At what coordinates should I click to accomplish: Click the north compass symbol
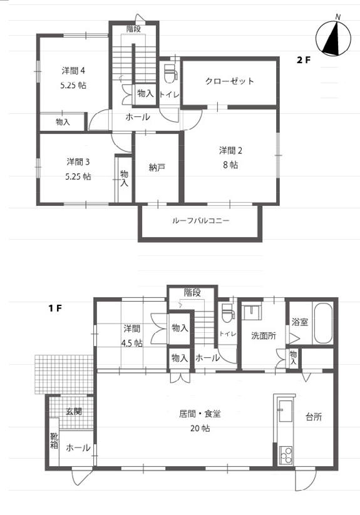333,37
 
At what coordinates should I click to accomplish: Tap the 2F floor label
303,60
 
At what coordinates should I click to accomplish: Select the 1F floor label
55,308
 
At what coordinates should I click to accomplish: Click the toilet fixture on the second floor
170,74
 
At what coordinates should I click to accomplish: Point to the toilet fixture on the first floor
227,313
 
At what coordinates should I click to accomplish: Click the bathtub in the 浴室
323,323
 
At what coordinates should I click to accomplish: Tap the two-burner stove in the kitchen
285,455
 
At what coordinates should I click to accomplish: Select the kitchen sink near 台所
285,410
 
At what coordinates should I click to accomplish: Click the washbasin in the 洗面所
252,312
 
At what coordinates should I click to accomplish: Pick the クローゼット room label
230,81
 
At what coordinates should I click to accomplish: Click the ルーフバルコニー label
200,220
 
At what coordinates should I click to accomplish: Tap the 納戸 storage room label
157,168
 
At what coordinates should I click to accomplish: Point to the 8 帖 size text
230,165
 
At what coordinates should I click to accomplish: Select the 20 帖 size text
200,428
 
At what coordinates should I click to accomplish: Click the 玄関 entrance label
74,411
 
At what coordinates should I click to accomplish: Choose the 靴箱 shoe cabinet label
54,441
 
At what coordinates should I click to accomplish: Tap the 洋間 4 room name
74,71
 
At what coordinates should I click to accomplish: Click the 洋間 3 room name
78,162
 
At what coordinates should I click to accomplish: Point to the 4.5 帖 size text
131,343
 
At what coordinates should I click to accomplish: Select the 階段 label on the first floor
192,293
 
